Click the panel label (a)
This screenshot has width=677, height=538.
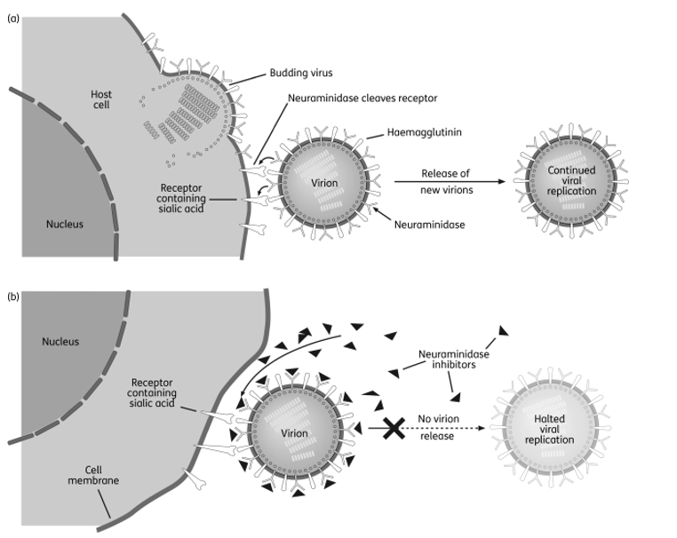coord(13,19)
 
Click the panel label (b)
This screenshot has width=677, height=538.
coord(13,297)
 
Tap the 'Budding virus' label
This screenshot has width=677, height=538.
coord(301,73)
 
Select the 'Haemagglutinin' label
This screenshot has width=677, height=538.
coord(424,132)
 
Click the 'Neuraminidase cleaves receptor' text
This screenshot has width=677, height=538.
coord(362,99)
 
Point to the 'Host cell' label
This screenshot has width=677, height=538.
coord(101,99)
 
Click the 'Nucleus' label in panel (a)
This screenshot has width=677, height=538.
coord(65,225)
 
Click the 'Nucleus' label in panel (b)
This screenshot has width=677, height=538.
coord(60,342)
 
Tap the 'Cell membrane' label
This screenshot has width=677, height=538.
coord(93,475)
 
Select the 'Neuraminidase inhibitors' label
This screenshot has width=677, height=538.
coord(454,360)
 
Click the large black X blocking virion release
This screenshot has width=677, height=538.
coord(394,429)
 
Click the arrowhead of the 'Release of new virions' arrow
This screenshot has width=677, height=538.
coord(501,182)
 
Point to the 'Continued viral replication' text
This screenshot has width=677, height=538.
coord(571,181)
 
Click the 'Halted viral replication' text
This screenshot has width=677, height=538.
coord(550,430)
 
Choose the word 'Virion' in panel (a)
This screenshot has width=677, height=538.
coord(324,183)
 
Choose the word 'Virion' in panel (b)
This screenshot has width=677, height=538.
coord(294,433)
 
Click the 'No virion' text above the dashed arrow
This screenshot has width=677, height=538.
coord(438,419)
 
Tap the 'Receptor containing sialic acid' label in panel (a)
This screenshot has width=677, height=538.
coord(181,199)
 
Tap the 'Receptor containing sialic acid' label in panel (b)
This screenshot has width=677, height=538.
coord(152,393)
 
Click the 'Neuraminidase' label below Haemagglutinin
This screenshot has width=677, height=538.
coord(430,225)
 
